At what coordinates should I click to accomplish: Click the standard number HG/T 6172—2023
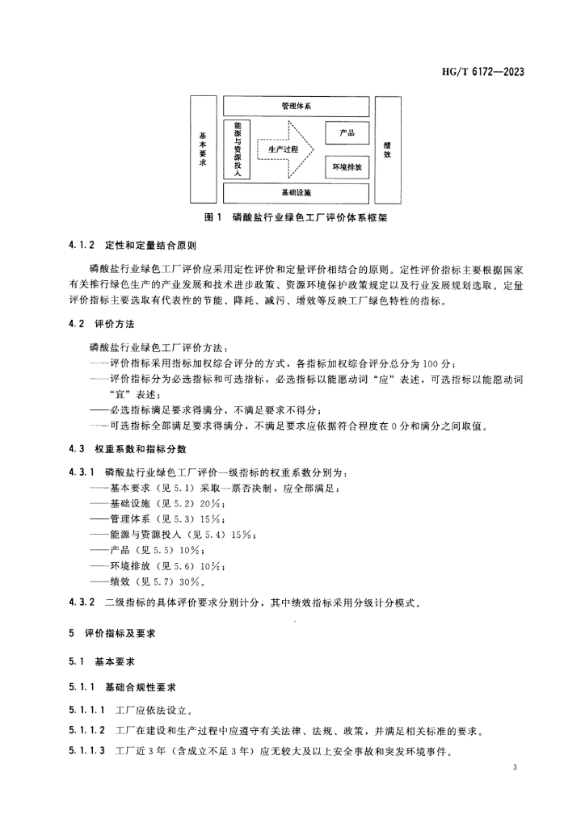(x=482, y=72)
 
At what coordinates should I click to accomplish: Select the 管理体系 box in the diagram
(x=296, y=106)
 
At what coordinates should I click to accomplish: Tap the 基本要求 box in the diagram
(x=203, y=149)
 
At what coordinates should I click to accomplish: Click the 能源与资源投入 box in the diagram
(x=237, y=149)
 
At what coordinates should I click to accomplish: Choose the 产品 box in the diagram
(x=347, y=133)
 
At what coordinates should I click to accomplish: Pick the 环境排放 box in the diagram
(x=347, y=167)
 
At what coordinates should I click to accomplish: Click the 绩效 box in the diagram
(x=388, y=149)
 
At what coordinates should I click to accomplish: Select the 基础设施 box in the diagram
(x=296, y=193)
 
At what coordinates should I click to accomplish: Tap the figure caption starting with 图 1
(x=296, y=218)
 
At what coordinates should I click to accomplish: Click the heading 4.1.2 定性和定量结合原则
(x=133, y=246)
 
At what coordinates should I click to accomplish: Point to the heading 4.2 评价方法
(x=101, y=324)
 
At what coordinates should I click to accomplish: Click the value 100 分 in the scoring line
(x=437, y=364)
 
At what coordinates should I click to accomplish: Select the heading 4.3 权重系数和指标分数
(x=128, y=449)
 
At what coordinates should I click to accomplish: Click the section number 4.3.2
(x=82, y=602)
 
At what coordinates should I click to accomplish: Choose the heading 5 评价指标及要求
(x=112, y=633)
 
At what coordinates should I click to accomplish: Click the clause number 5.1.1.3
(x=87, y=750)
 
